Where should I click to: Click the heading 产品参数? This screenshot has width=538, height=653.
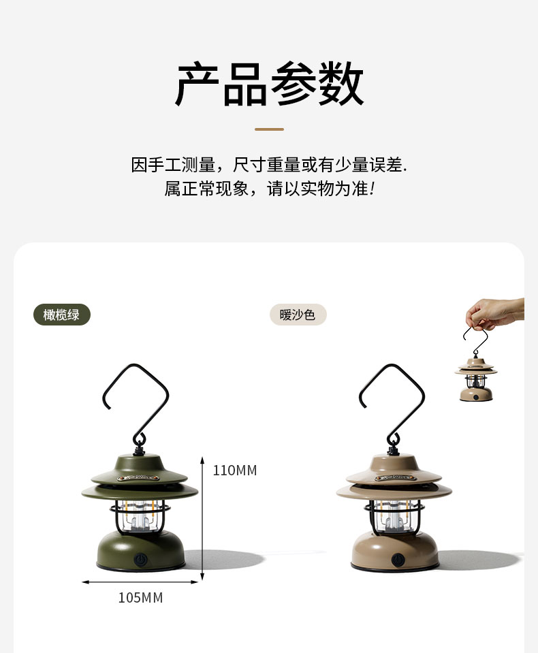point(269,85)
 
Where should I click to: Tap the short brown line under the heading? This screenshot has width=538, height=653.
point(269,129)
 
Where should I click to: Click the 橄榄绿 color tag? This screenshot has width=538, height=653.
point(62,315)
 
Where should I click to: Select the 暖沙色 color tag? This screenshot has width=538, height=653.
point(298,315)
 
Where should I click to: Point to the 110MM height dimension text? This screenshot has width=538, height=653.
point(235,471)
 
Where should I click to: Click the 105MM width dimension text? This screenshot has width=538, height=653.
point(140,598)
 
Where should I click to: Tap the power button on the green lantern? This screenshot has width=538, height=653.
point(140,558)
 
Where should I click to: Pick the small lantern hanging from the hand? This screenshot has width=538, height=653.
point(476,378)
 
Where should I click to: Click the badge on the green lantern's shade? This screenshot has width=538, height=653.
point(140,477)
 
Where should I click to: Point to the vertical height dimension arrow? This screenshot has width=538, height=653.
point(202,517)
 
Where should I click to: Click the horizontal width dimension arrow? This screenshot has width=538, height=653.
point(140,582)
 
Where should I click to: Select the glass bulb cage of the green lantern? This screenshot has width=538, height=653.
point(140,517)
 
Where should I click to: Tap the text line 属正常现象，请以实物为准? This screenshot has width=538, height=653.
point(269,189)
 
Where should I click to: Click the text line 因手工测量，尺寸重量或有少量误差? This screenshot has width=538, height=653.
point(269,165)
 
